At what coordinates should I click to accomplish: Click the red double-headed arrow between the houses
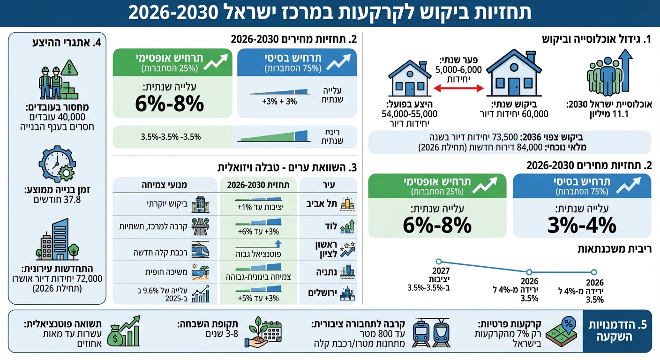click(x=457, y=88)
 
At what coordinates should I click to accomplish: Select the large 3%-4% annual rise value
click(x=582, y=225)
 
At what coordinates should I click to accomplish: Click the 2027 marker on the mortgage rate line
click(x=439, y=262)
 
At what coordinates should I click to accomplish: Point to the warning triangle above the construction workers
click(x=69, y=67)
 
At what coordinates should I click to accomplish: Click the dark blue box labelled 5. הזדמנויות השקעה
click(x=617, y=331)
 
